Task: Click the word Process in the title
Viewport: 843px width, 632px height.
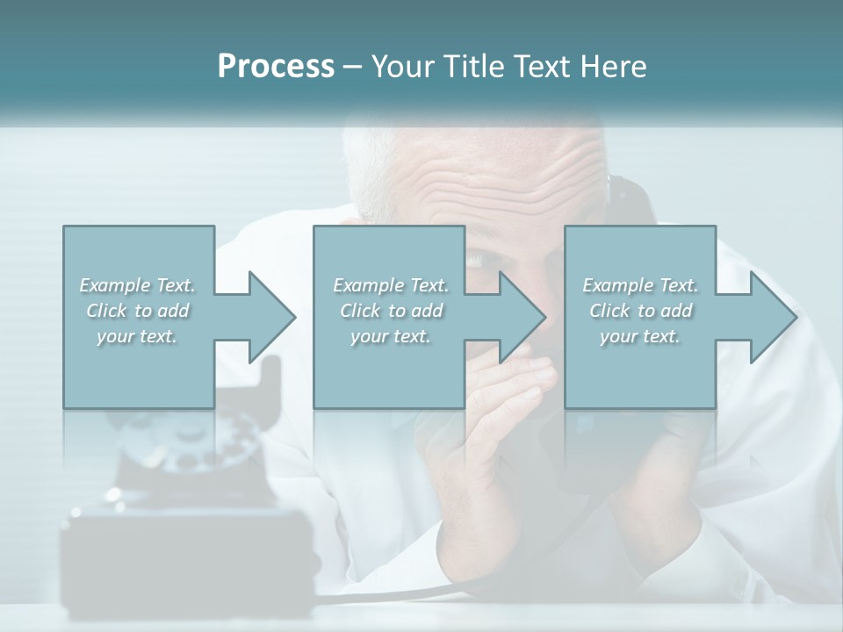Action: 276,67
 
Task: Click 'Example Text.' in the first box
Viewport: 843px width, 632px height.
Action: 137,285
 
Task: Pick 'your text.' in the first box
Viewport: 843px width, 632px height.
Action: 137,336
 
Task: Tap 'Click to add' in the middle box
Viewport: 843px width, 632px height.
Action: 391,311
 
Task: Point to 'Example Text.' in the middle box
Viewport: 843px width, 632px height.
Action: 391,285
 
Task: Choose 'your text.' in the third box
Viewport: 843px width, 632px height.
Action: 640,336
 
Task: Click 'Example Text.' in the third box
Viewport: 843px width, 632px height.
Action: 640,285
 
